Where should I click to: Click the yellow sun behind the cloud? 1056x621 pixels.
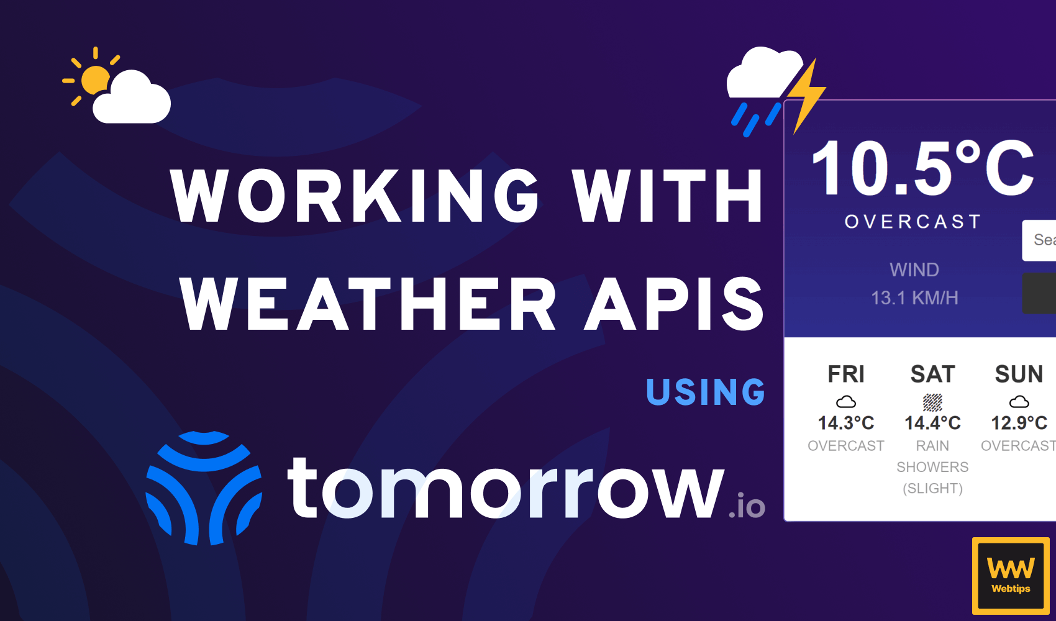tap(93, 79)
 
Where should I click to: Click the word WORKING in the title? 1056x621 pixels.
tap(355, 196)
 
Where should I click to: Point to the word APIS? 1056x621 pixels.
tap(675, 304)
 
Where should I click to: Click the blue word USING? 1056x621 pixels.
tap(706, 392)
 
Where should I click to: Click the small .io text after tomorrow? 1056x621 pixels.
tap(747, 507)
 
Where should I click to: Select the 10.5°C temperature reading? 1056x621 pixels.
tap(922, 168)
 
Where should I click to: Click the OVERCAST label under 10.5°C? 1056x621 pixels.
tap(913, 222)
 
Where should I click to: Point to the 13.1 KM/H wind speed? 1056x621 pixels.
tap(914, 298)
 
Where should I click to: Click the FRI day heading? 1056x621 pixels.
tap(846, 374)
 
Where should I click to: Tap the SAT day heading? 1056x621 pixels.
tap(932, 374)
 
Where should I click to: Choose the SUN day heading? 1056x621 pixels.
tap(1019, 374)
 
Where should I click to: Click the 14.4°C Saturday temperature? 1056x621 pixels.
tap(932, 424)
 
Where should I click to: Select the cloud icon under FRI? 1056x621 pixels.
tap(846, 402)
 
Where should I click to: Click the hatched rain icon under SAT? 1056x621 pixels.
tap(932, 402)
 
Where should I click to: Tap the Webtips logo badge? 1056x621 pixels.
tap(1011, 576)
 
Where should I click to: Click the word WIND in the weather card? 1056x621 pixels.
tap(914, 270)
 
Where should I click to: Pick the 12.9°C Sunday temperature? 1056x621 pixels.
tap(1019, 424)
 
